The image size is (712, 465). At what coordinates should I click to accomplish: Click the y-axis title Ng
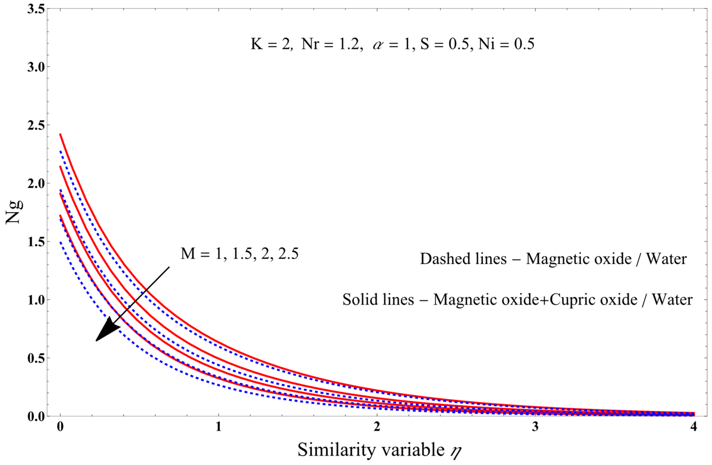[14, 212]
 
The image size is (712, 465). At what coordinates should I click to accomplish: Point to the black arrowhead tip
[96, 341]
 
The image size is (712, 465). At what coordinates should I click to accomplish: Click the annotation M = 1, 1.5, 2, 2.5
[240, 254]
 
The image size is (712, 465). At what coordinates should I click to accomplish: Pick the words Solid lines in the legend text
[378, 300]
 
